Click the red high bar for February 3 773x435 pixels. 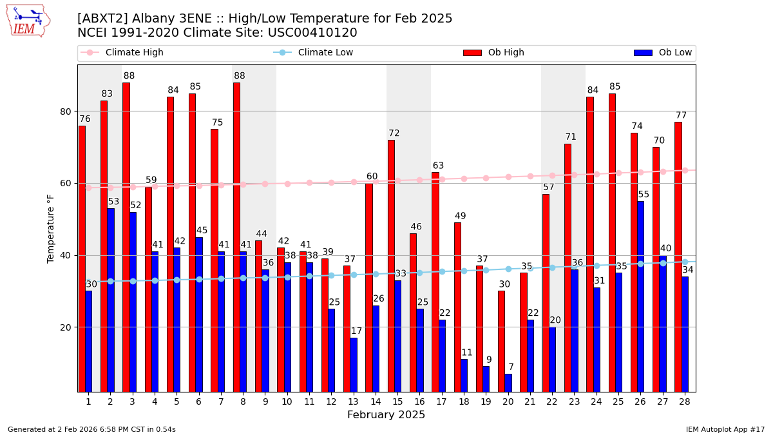point(126,237)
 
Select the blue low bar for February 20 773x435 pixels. point(508,383)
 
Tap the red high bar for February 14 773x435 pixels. point(369,287)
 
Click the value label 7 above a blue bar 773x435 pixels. point(511,367)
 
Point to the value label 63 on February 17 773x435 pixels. point(438,166)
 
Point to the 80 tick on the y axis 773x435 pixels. point(66,111)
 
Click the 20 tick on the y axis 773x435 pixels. point(66,327)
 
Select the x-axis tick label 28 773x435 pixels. point(685,401)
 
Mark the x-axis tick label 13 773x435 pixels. point(353,401)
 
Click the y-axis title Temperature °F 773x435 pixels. point(51,228)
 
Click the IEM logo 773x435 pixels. point(28,21)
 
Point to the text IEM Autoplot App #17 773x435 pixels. point(725,429)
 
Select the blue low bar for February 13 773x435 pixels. point(354,365)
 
